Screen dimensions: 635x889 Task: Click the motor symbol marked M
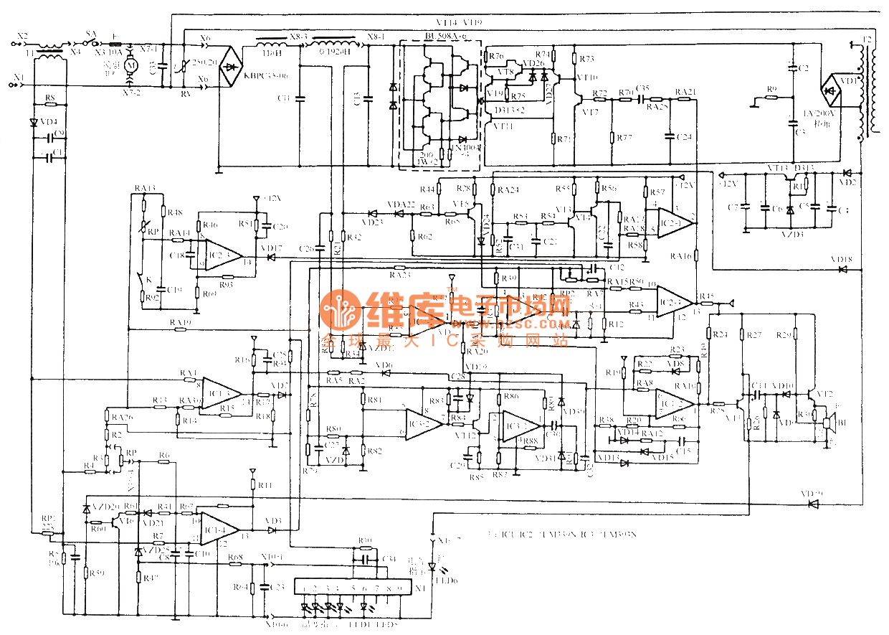point(130,65)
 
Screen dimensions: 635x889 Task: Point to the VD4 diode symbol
point(34,122)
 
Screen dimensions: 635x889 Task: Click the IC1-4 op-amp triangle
point(219,530)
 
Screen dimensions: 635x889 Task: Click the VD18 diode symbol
point(842,269)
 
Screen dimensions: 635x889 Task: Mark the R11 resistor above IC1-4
point(252,486)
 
